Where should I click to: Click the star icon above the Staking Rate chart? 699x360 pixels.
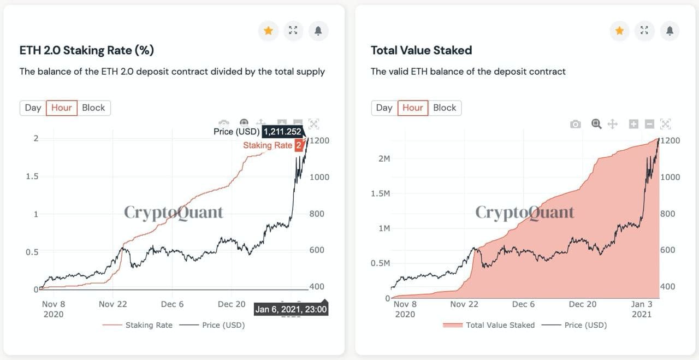[x=268, y=31]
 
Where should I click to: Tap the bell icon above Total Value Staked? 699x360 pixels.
[x=670, y=31]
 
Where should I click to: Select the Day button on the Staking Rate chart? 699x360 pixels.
[x=33, y=108]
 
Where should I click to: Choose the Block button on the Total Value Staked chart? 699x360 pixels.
[x=445, y=108]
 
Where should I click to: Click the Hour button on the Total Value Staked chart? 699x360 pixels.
[x=413, y=108]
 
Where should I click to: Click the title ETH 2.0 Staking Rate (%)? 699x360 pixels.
[x=86, y=50]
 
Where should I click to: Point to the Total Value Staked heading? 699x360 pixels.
[x=421, y=50]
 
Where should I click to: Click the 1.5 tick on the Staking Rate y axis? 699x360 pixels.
[x=33, y=176]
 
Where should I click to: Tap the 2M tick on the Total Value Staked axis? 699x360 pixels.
[x=383, y=158]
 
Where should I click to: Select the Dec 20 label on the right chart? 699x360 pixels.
[x=583, y=304]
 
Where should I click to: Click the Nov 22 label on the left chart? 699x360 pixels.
[x=112, y=304]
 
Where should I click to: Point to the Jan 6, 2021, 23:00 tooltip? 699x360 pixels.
[x=291, y=309]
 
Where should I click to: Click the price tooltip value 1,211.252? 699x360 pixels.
[x=282, y=132]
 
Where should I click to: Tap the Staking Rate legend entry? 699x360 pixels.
[x=149, y=325]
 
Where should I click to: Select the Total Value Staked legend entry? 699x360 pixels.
[x=500, y=325]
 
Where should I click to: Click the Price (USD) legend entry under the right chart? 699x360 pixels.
[x=585, y=325]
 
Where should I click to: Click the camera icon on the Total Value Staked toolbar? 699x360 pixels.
[x=575, y=124]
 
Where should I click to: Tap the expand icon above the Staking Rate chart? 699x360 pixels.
[x=293, y=31]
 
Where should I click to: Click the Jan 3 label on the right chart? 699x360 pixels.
[x=642, y=304]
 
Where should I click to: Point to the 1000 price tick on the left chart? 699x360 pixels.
[x=319, y=177]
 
